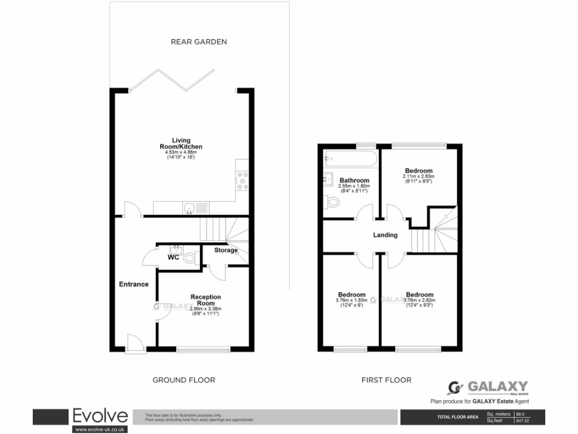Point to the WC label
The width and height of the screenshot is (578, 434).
[173, 258]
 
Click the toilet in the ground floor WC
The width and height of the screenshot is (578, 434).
[191, 258]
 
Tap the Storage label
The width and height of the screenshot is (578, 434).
[225, 250]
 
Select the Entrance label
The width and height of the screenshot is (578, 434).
[134, 284]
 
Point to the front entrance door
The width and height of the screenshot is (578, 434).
[134, 343]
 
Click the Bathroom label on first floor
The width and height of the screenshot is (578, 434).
[354, 180]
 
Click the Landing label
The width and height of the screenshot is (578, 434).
[385, 235]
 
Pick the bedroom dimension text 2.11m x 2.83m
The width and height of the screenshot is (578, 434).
[418, 177]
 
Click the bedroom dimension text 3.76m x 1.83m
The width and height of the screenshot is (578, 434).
[351, 300]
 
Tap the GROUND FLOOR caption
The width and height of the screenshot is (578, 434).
[184, 380]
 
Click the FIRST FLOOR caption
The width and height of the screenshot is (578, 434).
[387, 380]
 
